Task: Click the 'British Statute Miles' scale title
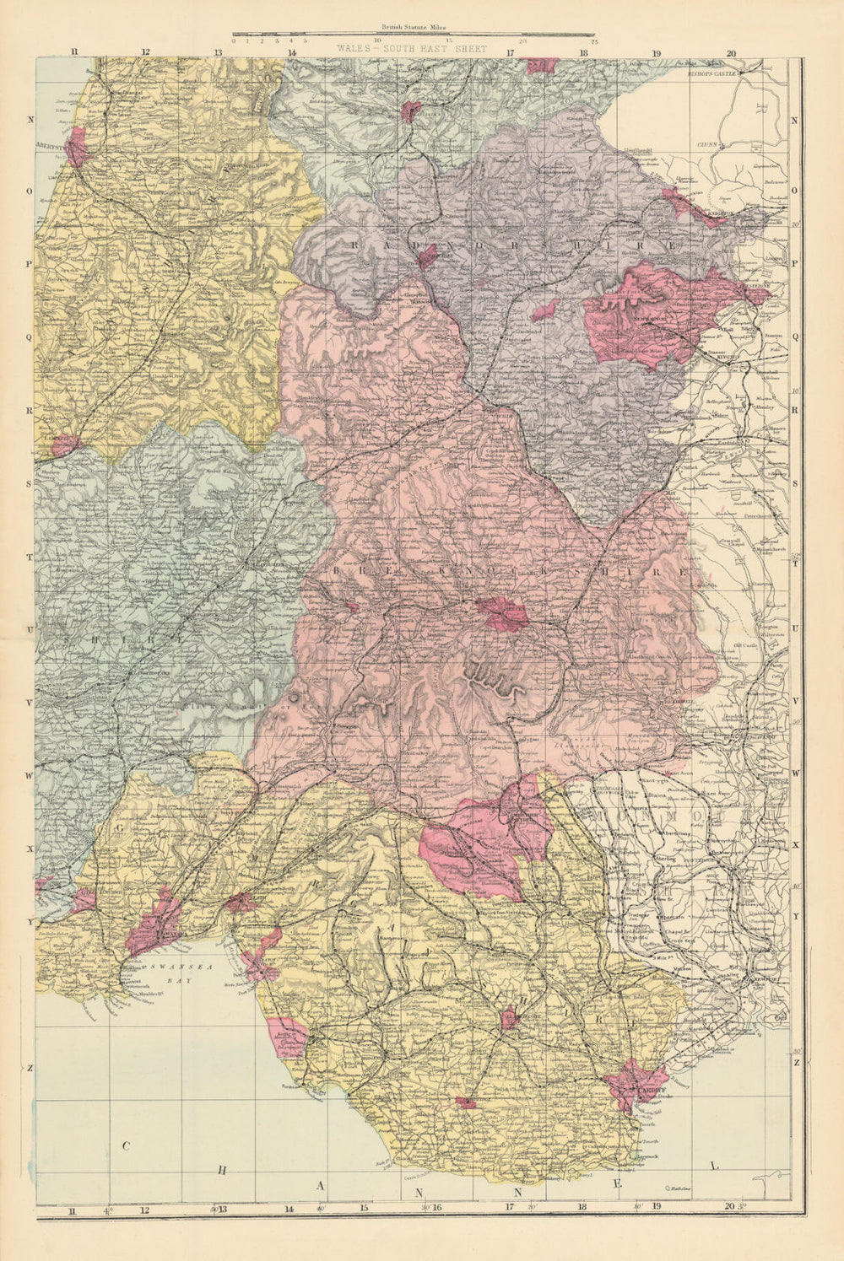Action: [x=413, y=29]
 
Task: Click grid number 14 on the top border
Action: [x=291, y=52]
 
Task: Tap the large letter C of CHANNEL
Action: [x=126, y=1145]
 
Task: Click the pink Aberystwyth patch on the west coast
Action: [x=76, y=148]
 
